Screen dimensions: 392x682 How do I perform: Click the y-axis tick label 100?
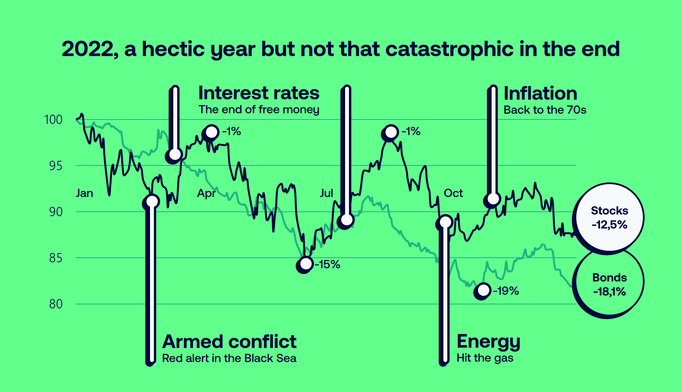[x=53, y=120]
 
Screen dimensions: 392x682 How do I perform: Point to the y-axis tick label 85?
[x=56, y=258]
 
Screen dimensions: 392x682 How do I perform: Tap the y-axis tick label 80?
[x=56, y=304]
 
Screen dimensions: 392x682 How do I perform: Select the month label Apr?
[x=206, y=193]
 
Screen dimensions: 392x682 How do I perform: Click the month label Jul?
[x=326, y=193]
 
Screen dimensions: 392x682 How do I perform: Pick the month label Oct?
[x=453, y=193]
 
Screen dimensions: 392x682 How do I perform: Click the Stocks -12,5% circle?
[x=609, y=218]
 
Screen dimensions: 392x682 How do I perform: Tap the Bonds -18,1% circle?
[x=609, y=285]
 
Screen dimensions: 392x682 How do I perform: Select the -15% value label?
[x=327, y=265]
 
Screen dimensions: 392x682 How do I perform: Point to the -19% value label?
[x=506, y=291]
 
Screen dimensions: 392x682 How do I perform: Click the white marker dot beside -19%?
[x=483, y=290]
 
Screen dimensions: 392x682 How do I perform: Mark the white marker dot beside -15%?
[x=306, y=264]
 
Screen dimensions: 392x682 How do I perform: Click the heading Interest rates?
[x=258, y=93]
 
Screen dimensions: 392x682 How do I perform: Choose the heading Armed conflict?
[x=229, y=342]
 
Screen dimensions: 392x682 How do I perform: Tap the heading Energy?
[x=488, y=342]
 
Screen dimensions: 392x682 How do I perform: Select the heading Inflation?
[x=540, y=94]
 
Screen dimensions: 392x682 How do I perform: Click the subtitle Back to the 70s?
[x=545, y=110]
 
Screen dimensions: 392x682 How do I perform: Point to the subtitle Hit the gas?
[x=485, y=358]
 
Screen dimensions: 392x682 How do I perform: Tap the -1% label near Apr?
[x=232, y=132]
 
